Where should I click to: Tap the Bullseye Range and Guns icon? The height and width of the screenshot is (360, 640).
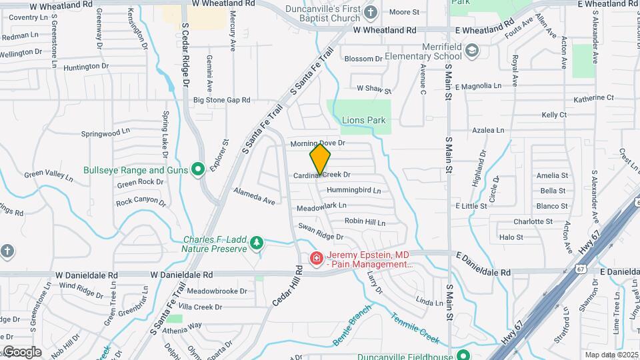click(197, 170)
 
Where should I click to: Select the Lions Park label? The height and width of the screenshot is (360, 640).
click(363, 121)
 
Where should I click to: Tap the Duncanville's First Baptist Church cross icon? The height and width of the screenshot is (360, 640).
click(371, 11)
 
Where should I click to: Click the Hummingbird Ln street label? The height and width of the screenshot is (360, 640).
click(353, 190)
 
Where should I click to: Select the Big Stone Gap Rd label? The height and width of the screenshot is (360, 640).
click(221, 100)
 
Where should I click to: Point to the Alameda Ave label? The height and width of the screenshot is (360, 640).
click(254, 195)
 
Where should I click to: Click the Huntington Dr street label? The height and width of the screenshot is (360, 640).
click(87, 66)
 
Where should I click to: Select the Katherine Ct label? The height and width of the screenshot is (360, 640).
click(593, 98)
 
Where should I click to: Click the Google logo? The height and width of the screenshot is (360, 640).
click(21, 352)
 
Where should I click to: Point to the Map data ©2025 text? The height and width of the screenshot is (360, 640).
click(610, 355)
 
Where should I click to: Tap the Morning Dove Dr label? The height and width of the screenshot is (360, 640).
click(317, 143)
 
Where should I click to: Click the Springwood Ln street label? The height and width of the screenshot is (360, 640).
click(105, 133)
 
